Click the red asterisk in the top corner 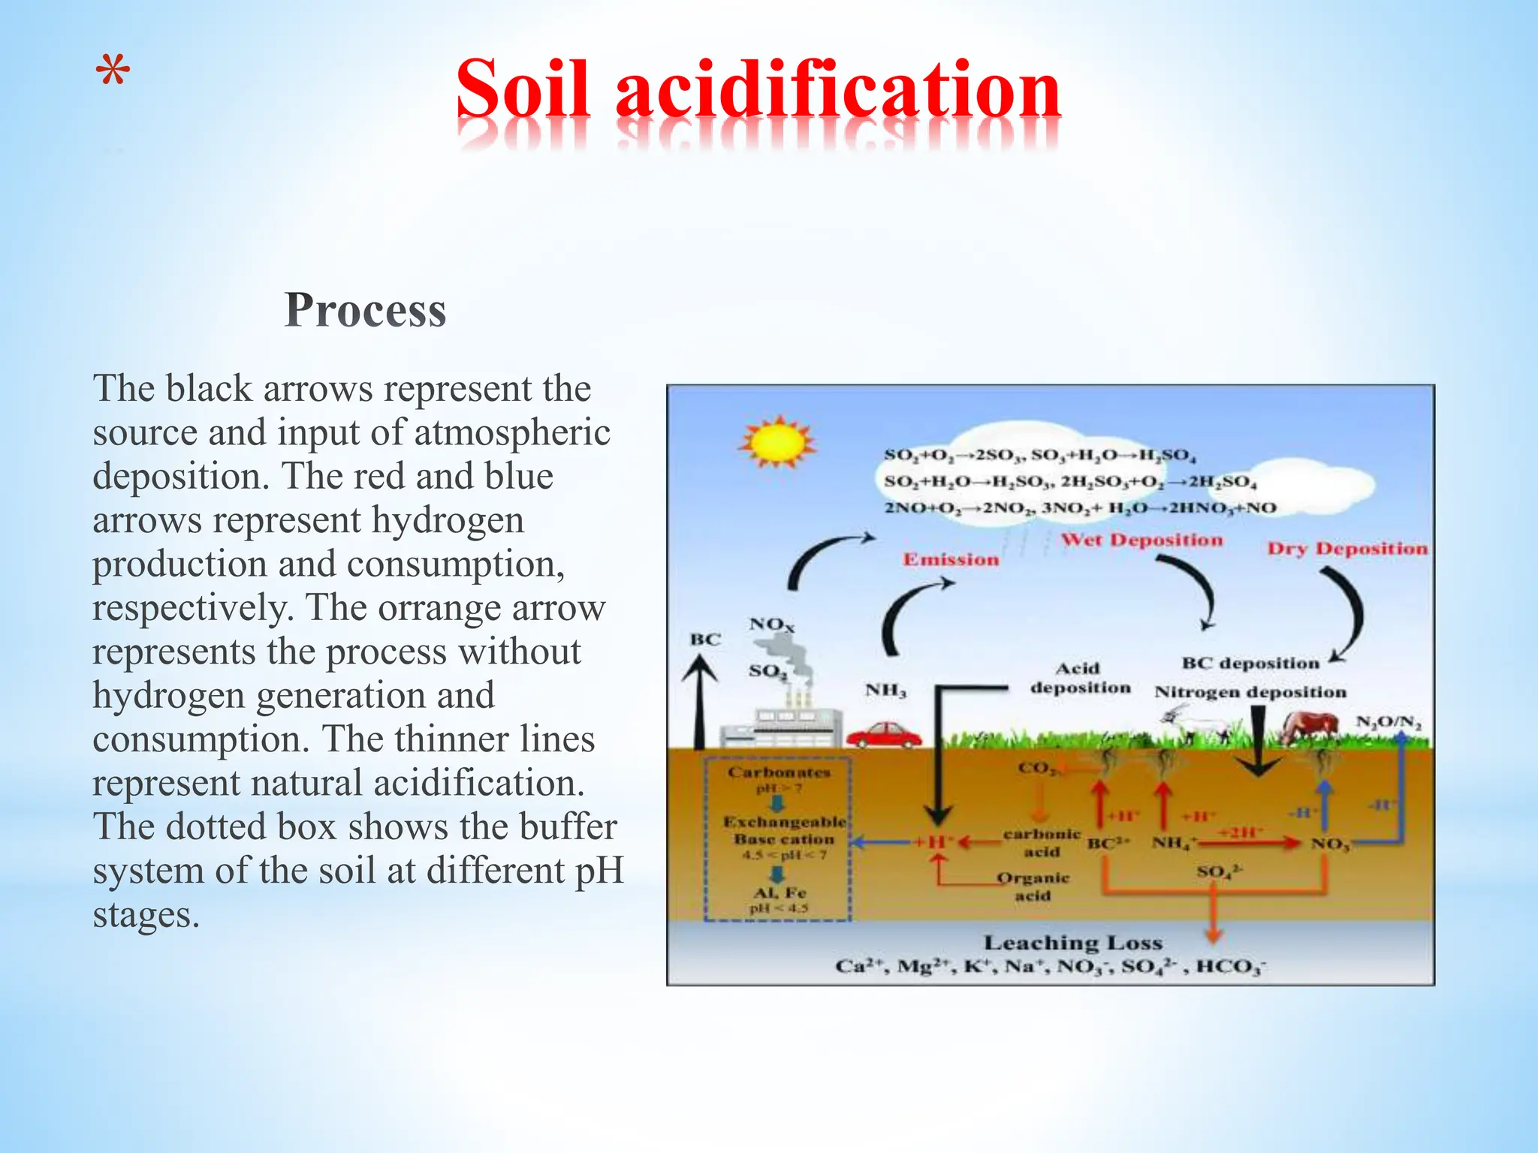[113, 74]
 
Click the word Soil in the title [523, 89]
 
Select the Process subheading [366, 309]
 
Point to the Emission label [951, 559]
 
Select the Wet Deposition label [1141, 540]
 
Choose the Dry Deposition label [1347, 549]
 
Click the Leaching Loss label [1072, 943]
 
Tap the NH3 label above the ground [885, 690]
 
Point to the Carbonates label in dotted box [779, 772]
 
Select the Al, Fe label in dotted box [780, 893]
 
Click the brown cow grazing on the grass [1310, 726]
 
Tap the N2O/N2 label [1389, 722]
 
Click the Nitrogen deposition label [1250, 692]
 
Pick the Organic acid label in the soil [1033, 887]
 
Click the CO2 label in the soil [1036, 768]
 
